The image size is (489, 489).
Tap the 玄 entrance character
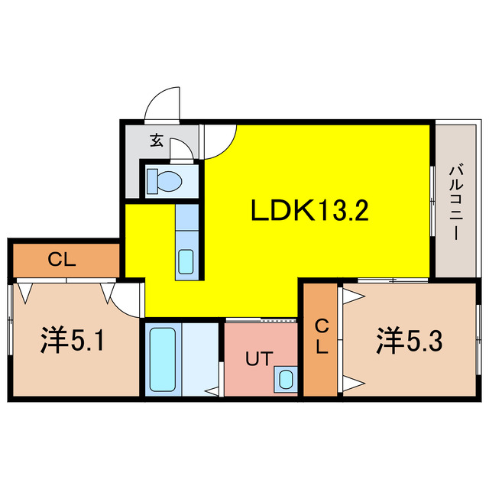click(x=156, y=140)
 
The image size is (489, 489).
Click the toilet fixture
click(x=164, y=181)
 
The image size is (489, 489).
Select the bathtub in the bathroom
click(x=161, y=358)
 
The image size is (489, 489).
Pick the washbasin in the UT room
click(x=285, y=377)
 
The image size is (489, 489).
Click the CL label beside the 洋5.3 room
click(x=322, y=336)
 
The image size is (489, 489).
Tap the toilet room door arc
click(x=181, y=148)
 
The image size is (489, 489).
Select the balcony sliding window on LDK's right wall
click(x=433, y=200)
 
